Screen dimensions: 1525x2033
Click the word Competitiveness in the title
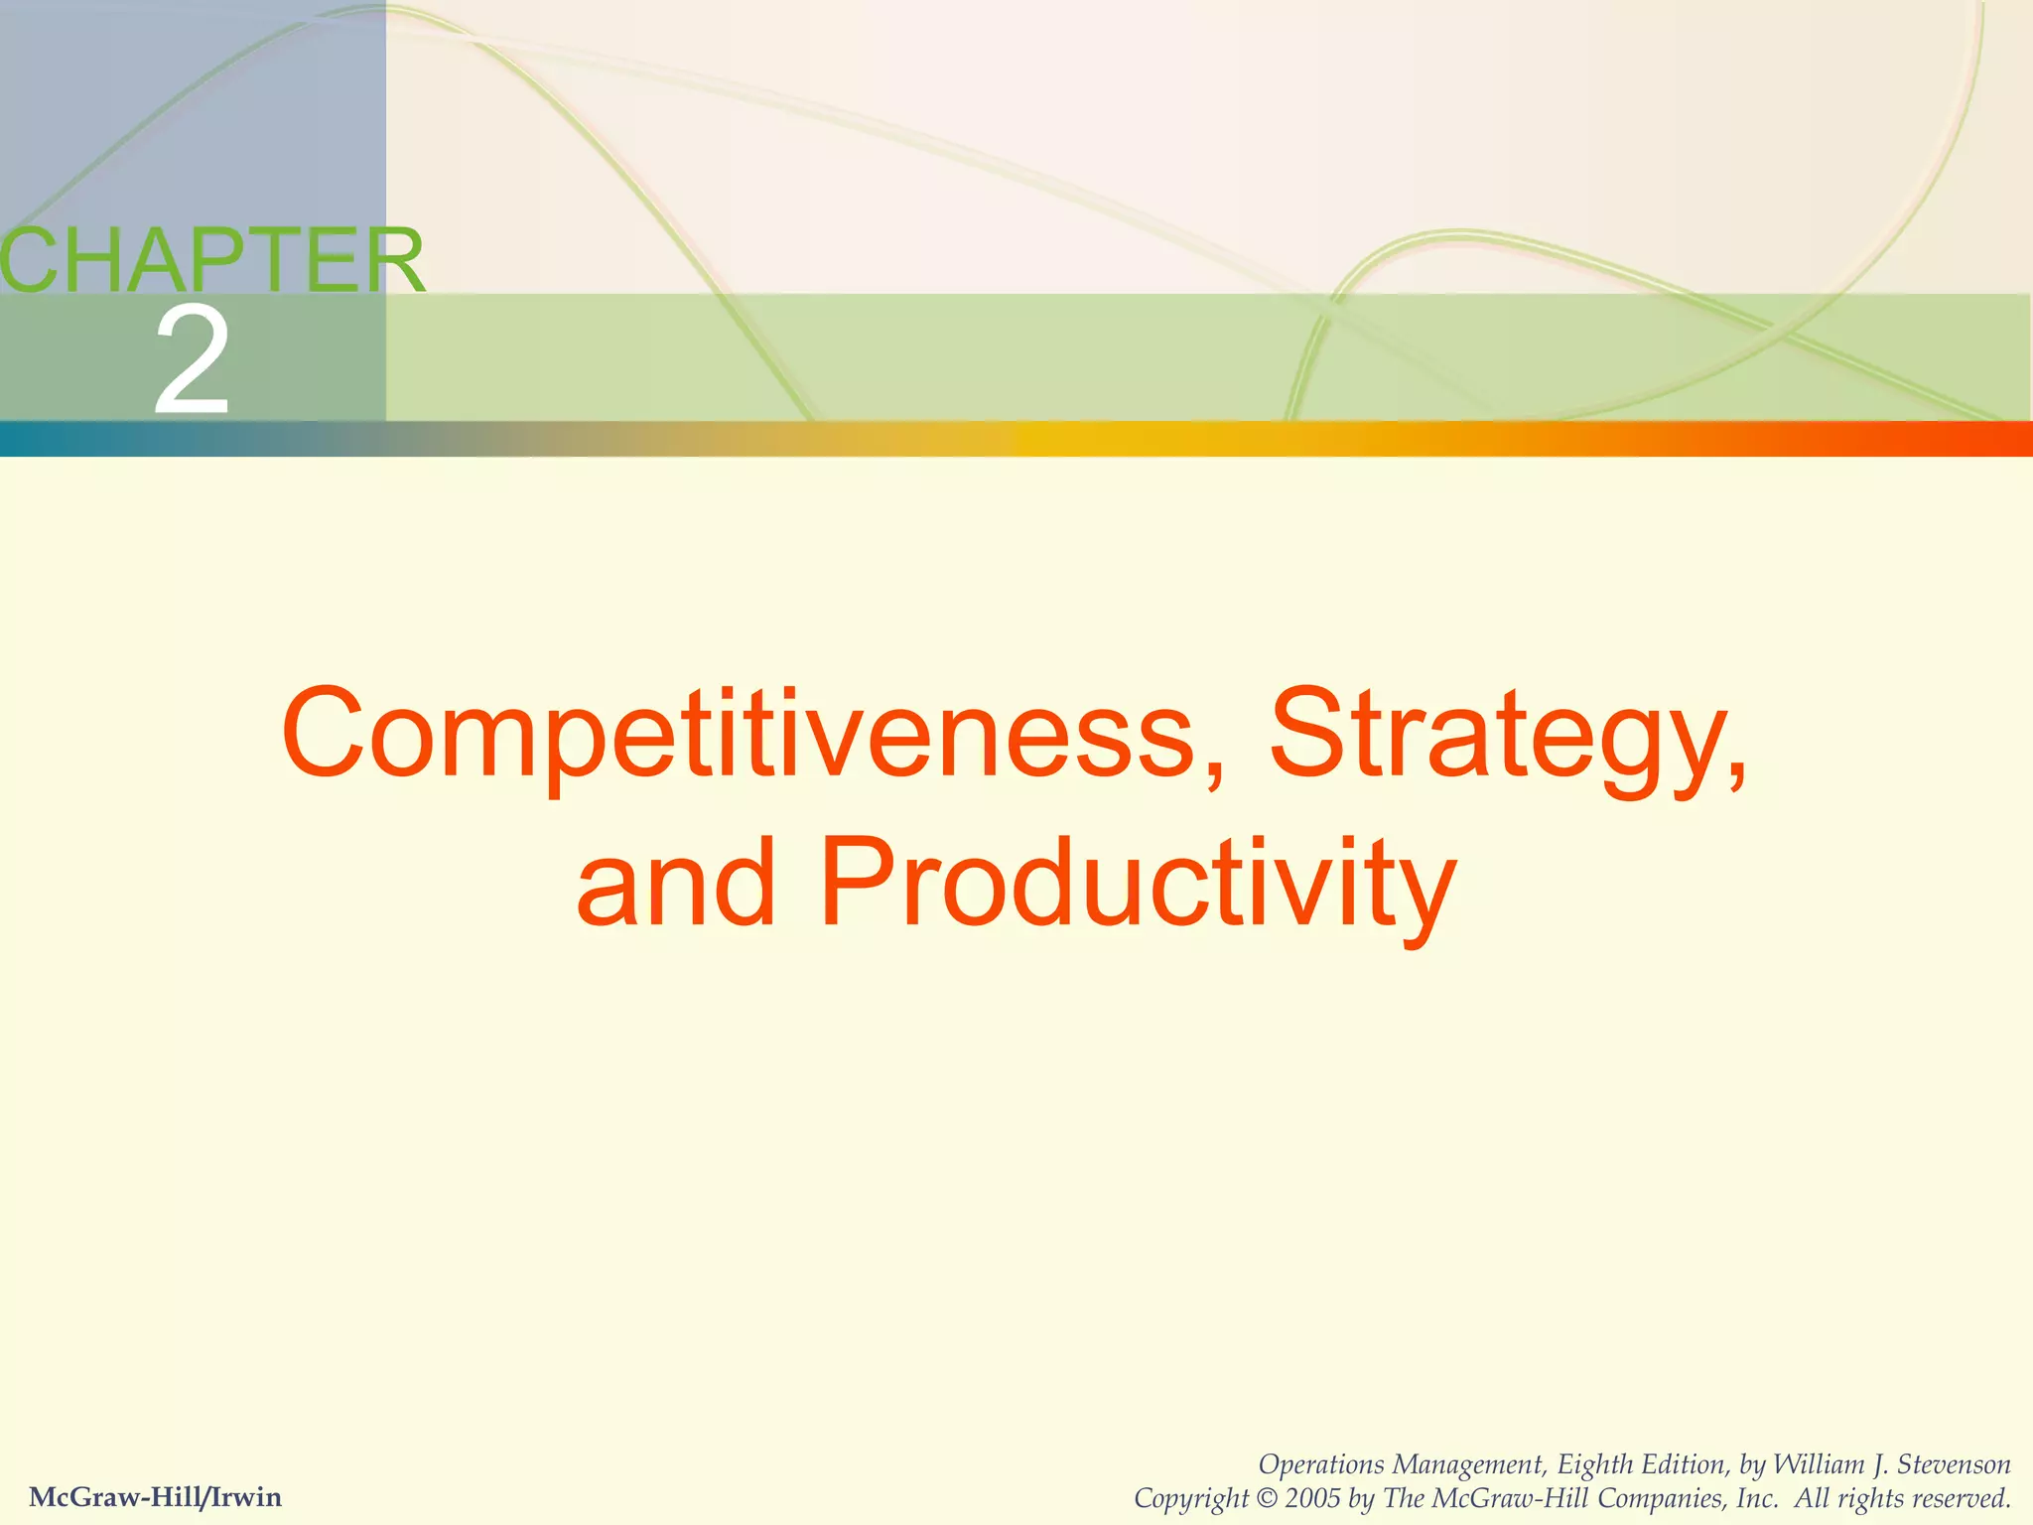740,735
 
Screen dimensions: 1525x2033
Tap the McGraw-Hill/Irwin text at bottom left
156,1496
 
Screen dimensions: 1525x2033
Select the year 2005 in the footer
1313,1498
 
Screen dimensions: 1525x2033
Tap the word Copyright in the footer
1190,1498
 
